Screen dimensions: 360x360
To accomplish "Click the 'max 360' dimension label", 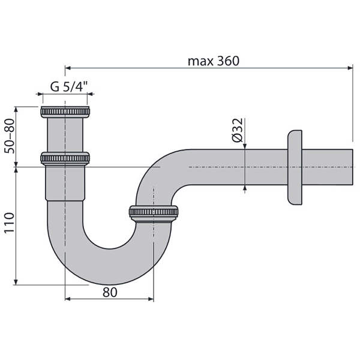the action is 213,61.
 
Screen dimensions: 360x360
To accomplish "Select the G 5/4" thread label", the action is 69,87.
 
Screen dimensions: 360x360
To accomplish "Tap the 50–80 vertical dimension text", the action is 10,136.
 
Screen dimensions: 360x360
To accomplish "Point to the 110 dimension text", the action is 10,223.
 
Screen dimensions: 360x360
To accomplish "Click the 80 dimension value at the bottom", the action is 110,292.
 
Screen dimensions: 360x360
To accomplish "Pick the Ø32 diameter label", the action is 238,130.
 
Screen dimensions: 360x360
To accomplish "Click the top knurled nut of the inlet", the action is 65,112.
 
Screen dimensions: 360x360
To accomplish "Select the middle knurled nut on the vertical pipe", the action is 65,158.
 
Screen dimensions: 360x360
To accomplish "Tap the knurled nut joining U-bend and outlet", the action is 154,212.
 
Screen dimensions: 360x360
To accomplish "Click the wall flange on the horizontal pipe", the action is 295,167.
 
